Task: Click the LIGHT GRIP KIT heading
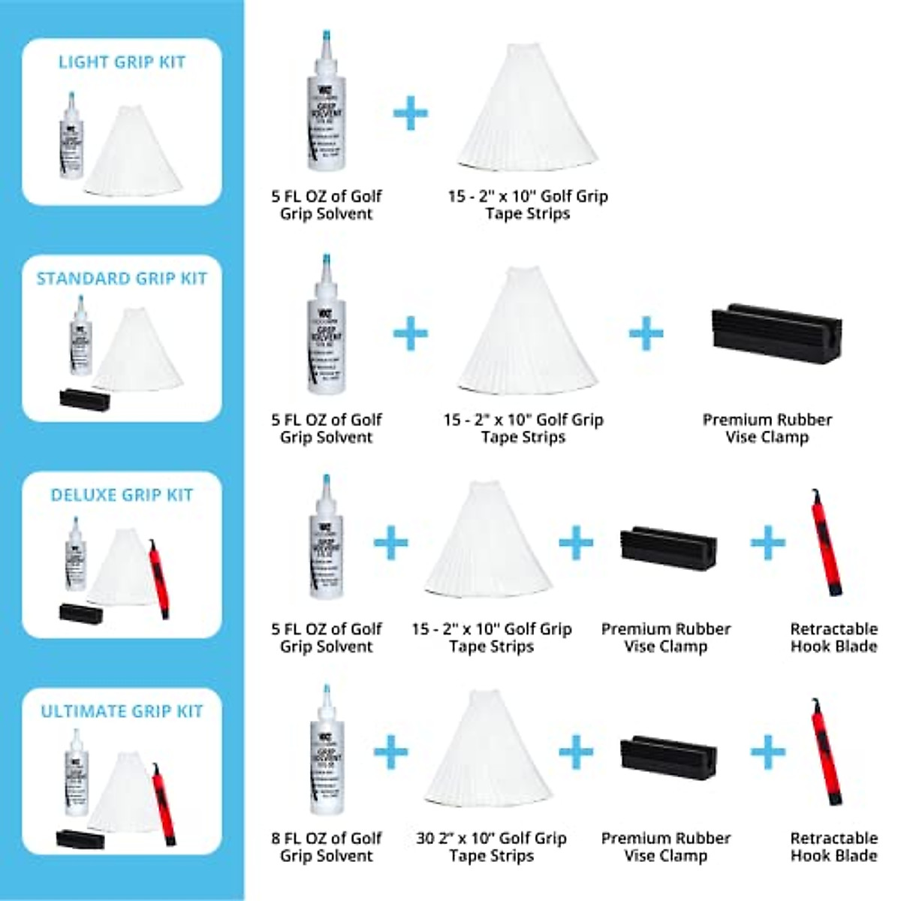[x=122, y=62]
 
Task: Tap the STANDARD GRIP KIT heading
[x=122, y=279]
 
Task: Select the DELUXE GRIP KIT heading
[x=122, y=495]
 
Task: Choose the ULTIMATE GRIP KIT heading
[x=122, y=711]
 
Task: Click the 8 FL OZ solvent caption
[x=327, y=847]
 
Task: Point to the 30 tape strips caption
[x=491, y=847]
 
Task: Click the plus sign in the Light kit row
[x=411, y=113]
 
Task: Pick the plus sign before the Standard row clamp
[x=646, y=333]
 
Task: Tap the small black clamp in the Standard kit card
[x=84, y=399]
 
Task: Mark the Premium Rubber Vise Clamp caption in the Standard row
[x=767, y=429]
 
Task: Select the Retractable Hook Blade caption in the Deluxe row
[x=833, y=637]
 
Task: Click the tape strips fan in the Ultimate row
[x=490, y=747]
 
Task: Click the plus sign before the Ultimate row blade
[x=767, y=751]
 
